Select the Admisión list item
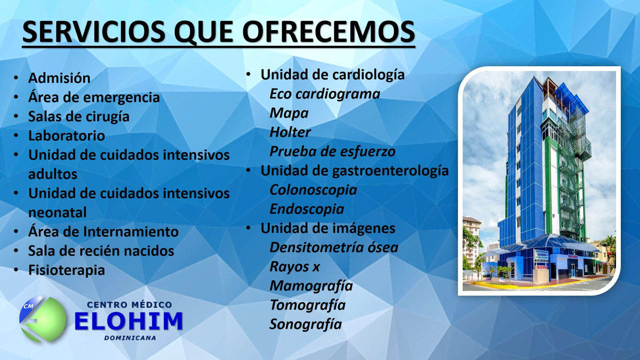pyautogui.click(x=59, y=78)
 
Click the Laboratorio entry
pyautogui.click(x=66, y=136)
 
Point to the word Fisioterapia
pyautogui.click(x=66, y=270)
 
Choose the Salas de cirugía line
pyautogui.click(x=78, y=116)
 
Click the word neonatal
pyautogui.click(x=57, y=212)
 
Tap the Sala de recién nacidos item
pyautogui.click(x=101, y=251)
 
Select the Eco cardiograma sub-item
pyautogui.click(x=324, y=94)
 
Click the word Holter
pyautogui.click(x=290, y=132)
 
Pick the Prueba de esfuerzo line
pyautogui.click(x=332, y=151)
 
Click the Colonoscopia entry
pyautogui.click(x=313, y=190)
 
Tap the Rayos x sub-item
pyautogui.click(x=294, y=266)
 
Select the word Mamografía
pyautogui.click(x=311, y=285)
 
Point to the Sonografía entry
pyautogui.click(x=305, y=324)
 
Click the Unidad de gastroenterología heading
pyautogui.click(x=354, y=170)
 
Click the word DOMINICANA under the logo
pyautogui.click(x=130, y=338)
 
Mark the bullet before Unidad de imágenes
pyautogui.click(x=248, y=228)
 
